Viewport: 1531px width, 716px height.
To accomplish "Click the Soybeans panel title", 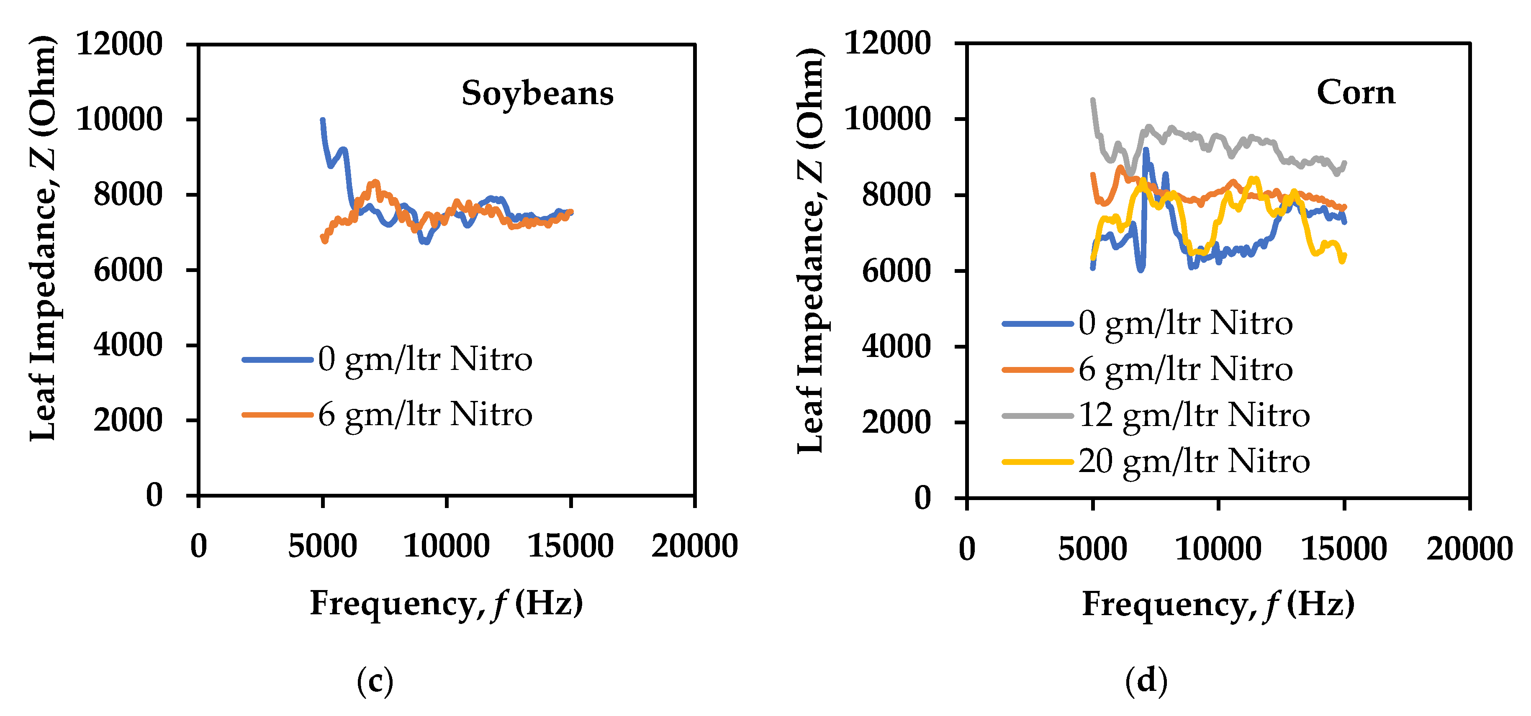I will [x=537, y=93].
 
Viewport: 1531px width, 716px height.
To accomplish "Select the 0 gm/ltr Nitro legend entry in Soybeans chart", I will [x=424, y=359].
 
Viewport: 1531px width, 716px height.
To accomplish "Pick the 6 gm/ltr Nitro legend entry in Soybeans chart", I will [x=424, y=414].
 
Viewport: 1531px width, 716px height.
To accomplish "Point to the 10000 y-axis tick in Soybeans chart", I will [x=119, y=119].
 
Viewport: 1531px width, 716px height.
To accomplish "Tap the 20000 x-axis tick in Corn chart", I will [x=1469, y=548].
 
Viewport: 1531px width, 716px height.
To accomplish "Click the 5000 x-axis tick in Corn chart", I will [x=1092, y=548].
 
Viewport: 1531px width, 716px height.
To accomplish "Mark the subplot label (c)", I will [x=375, y=680].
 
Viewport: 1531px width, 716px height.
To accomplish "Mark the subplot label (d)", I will [x=1146, y=680].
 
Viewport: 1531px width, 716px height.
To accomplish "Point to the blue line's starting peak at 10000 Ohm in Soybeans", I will [x=323, y=120].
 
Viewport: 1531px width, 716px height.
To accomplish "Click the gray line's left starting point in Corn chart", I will [x=1092, y=100].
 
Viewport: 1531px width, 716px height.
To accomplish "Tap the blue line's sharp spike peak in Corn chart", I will [x=1145, y=150].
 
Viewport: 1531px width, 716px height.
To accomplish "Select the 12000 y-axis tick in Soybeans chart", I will [x=119, y=44].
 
